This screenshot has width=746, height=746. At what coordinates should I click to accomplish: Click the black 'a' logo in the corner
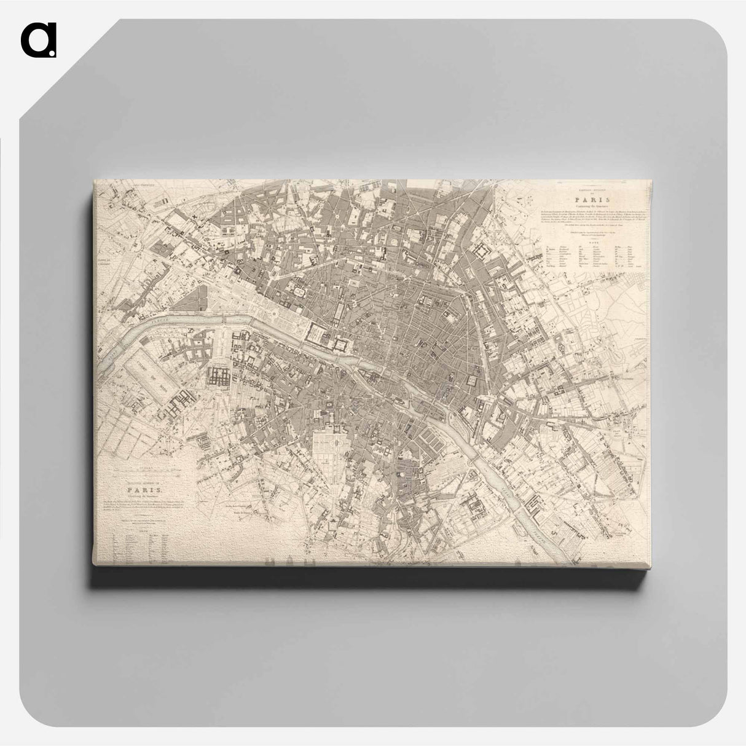pos(38,40)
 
